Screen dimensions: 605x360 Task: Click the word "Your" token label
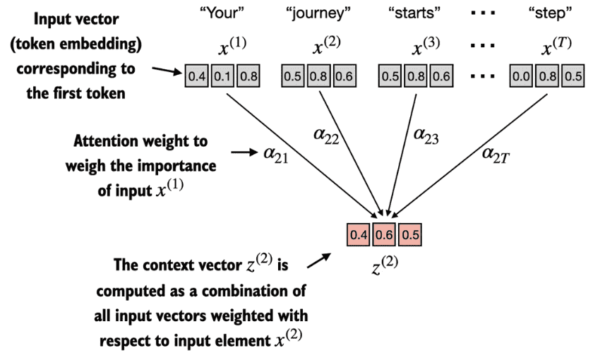(x=222, y=13)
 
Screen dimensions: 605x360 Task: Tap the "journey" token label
(x=318, y=14)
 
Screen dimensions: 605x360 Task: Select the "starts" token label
(x=414, y=13)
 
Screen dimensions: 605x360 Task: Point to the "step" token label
(x=550, y=14)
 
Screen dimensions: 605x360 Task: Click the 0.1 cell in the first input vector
(x=222, y=76)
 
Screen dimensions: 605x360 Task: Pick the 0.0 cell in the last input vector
(x=521, y=76)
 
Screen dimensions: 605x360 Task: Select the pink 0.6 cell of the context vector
(x=384, y=234)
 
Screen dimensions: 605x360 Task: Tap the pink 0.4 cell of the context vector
(x=359, y=234)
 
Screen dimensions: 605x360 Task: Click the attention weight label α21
(x=276, y=155)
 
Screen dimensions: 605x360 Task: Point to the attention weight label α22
(x=326, y=136)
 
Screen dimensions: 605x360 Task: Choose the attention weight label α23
(x=426, y=136)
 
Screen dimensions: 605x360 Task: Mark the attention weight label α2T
(x=496, y=155)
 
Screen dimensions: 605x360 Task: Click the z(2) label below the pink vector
(x=385, y=265)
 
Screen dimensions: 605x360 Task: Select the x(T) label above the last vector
(x=556, y=47)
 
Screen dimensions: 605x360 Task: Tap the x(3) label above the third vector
(x=426, y=47)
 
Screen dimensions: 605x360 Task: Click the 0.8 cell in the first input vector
(x=248, y=76)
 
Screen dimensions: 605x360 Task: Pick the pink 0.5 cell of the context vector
(x=410, y=234)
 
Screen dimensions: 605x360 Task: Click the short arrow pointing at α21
(x=244, y=152)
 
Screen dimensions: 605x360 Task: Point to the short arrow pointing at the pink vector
(x=319, y=260)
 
